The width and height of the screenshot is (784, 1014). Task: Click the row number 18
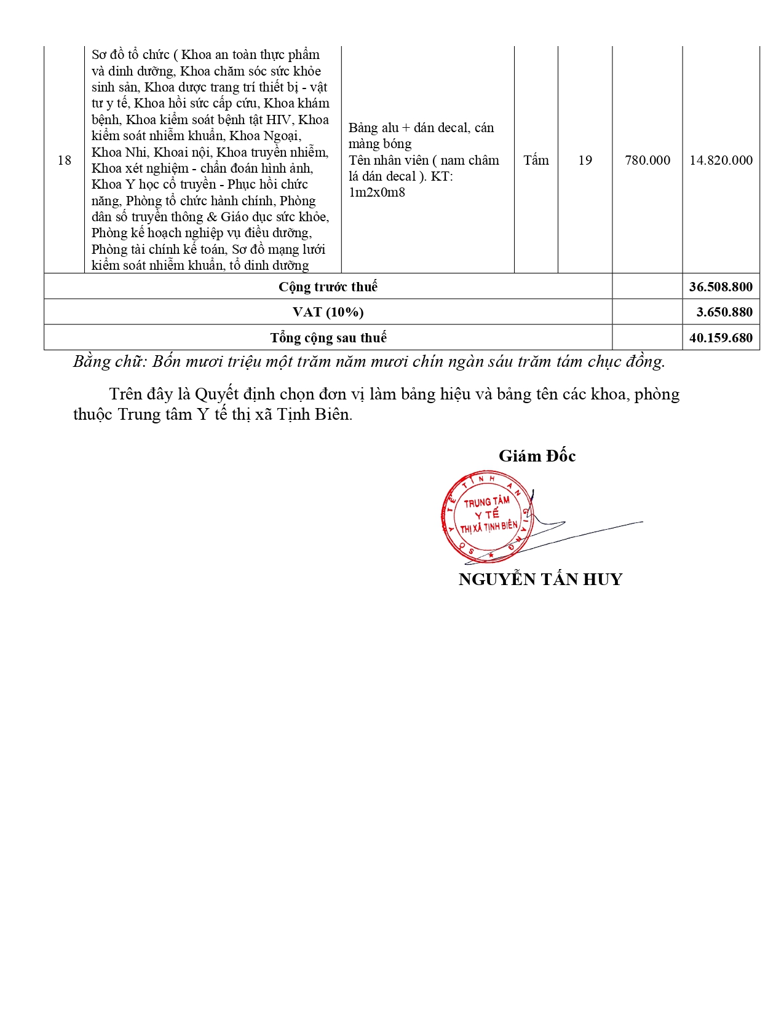[65, 160]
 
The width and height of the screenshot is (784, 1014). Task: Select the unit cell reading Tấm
[536, 160]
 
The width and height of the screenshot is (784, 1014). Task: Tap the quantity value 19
[585, 160]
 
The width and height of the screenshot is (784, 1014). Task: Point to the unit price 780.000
[647, 160]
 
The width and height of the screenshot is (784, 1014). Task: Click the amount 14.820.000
[721, 160]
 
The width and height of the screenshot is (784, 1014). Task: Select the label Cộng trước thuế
[328, 287]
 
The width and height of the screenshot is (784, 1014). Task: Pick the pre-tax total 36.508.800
[721, 287]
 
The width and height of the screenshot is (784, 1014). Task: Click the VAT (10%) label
[328, 312]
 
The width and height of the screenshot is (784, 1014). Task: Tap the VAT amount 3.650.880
[724, 312]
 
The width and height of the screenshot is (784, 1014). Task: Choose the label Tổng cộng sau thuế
[328, 338]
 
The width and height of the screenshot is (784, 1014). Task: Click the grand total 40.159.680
[721, 338]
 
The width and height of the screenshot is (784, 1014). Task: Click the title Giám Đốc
[537, 456]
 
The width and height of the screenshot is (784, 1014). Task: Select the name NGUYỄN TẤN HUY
[540, 580]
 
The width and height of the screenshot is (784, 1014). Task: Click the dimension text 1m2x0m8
[377, 192]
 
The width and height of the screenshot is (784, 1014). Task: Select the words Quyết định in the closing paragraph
[229, 395]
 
